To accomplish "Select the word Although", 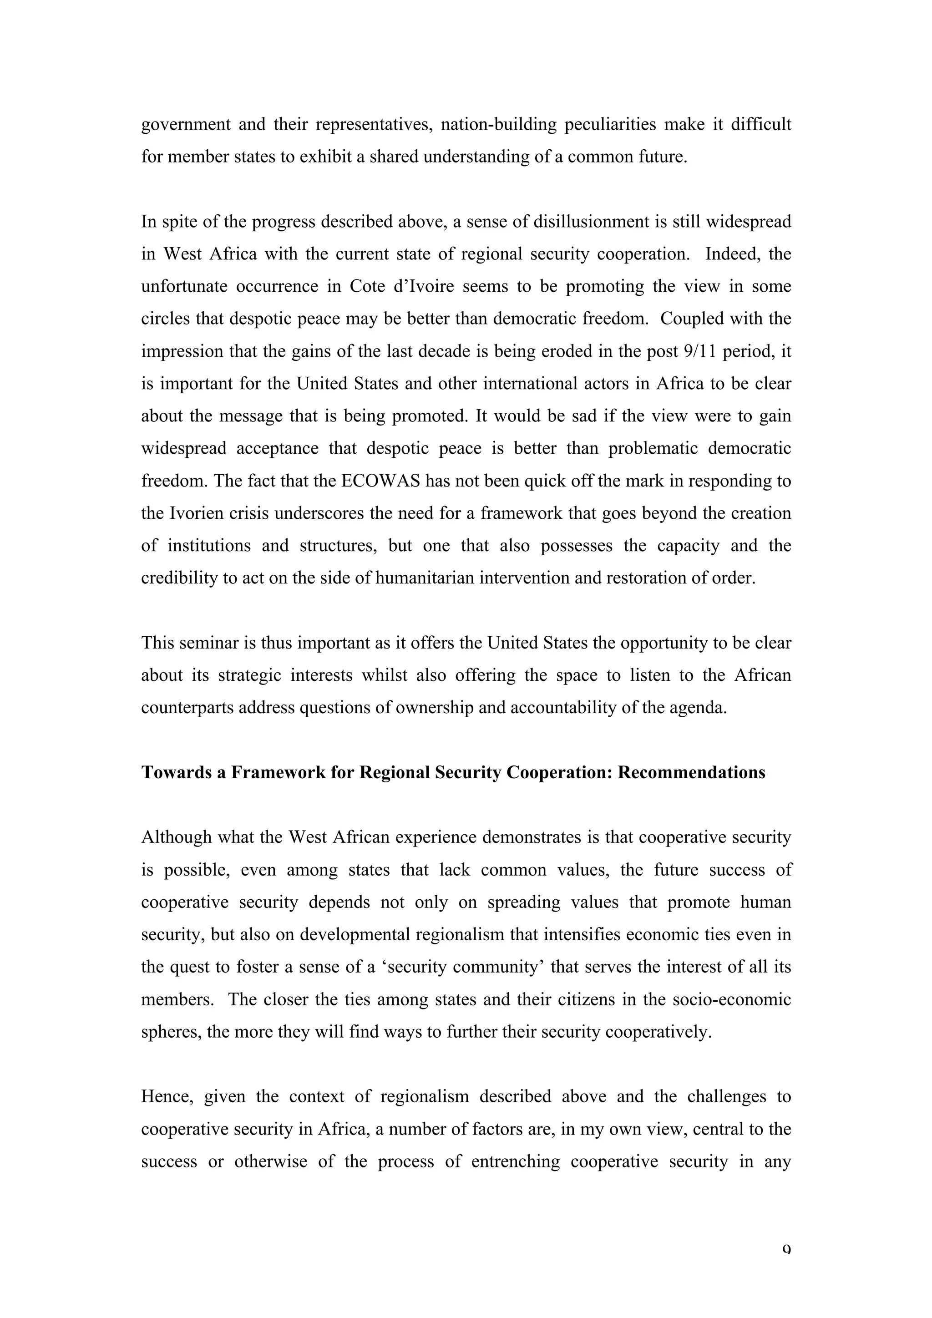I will click(177, 837).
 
